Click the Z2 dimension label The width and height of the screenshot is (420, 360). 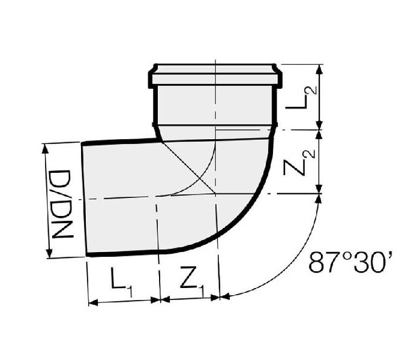coord(299,163)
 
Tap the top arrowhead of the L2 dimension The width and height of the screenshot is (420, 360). coord(319,69)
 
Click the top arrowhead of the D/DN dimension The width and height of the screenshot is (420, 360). coord(45,148)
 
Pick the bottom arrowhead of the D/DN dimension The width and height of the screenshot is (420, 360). coord(49,253)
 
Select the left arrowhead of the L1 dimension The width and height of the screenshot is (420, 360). coord(93,303)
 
